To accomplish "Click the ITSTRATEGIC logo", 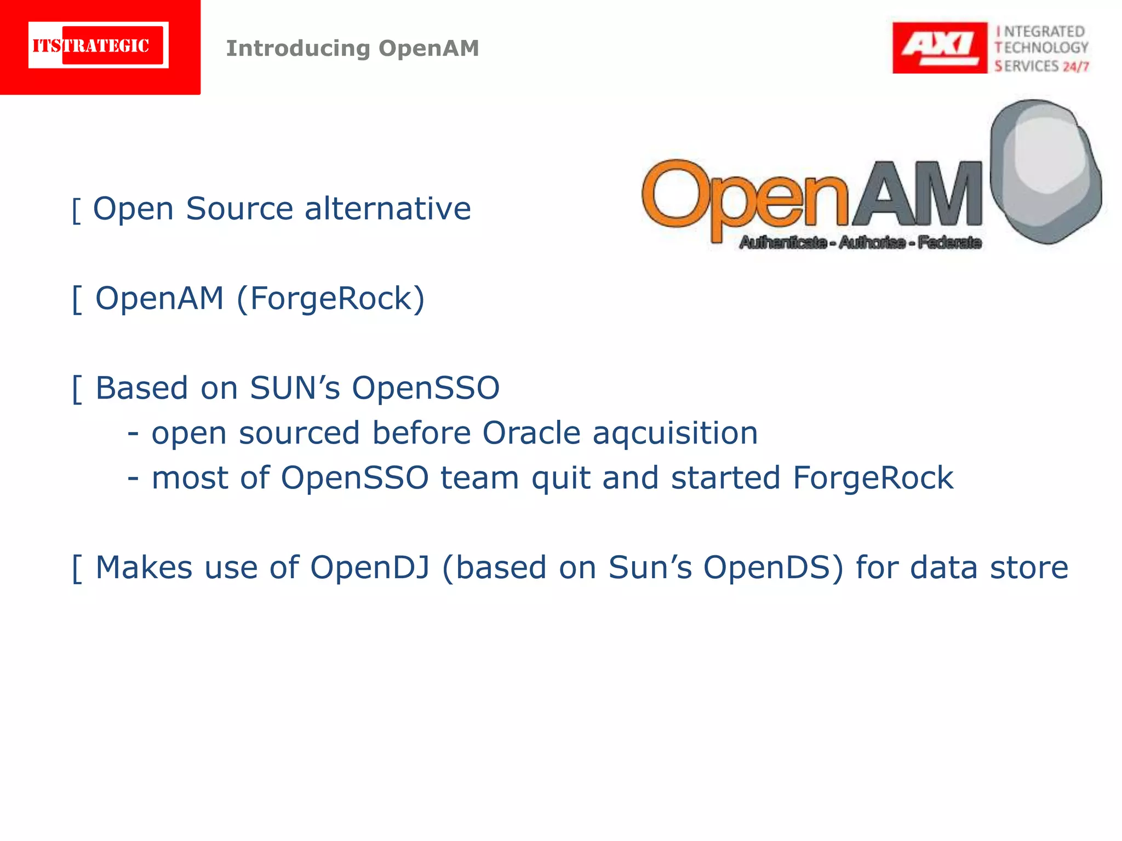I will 99,45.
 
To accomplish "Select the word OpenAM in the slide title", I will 429,48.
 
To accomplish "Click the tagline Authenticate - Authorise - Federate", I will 860,242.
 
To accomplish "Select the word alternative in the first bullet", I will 387,209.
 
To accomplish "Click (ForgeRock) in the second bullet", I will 330,299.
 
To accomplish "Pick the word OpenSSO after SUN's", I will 425,388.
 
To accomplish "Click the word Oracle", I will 531,433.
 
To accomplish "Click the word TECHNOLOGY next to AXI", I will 1041,48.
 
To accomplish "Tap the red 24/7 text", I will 1075,67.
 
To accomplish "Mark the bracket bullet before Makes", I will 77,569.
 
